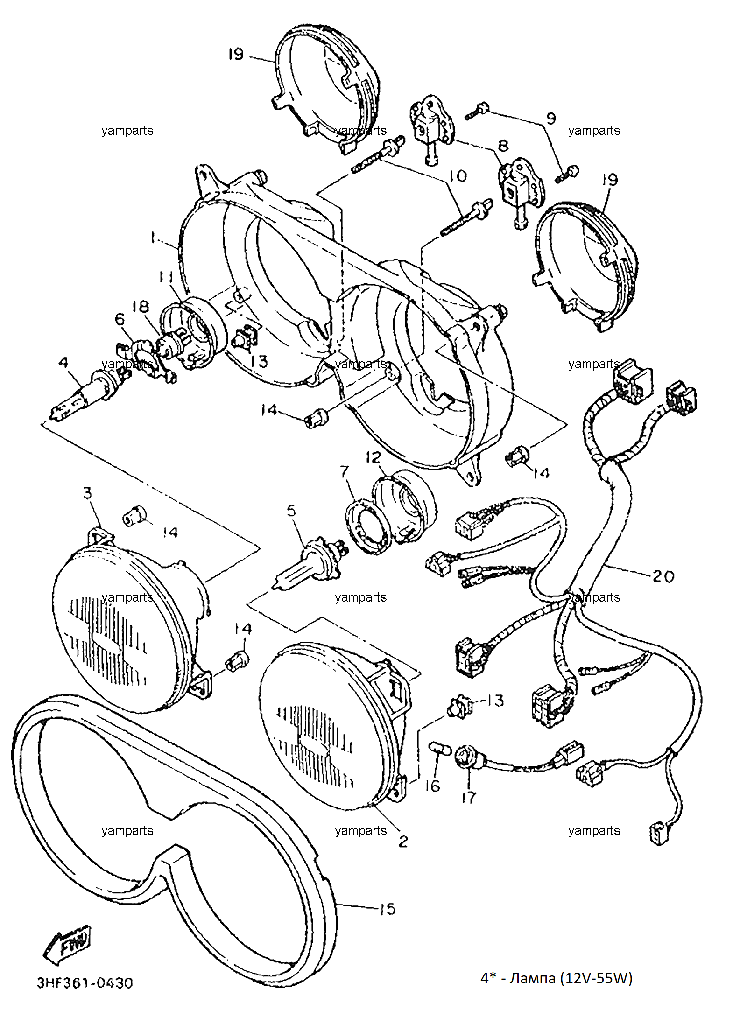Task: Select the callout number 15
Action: tap(387, 909)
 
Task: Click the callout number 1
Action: tap(153, 238)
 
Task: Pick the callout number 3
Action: tap(87, 493)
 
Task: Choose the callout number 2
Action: tap(403, 841)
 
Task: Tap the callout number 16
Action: tap(432, 786)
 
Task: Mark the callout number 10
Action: tap(458, 176)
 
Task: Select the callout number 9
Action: tap(551, 118)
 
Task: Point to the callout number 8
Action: tap(503, 146)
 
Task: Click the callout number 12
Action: tap(374, 457)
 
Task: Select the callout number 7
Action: tap(345, 471)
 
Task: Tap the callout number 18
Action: tap(141, 307)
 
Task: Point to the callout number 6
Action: tap(120, 319)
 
